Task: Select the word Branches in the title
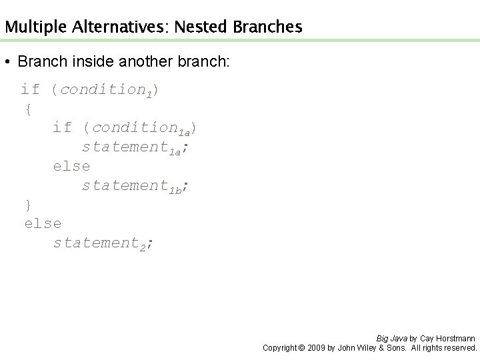[x=267, y=27]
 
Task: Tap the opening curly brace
[x=27, y=109]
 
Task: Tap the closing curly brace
[x=27, y=203]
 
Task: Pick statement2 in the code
[x=101, y=243]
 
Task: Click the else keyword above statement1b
[x=71, y=166]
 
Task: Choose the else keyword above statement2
[x=42, y=223]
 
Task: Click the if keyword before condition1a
[x=62, y=127]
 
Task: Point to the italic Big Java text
[x=391, y=339]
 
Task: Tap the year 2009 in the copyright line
[x=315, y=348]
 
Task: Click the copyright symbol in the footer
[x=300, y=348]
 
